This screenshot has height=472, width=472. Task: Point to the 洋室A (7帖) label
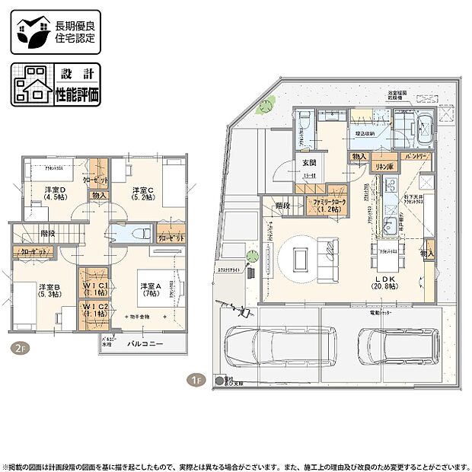pyautogui.click(x=150, y=291)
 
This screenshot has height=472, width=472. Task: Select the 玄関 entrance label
pyautogui.click(x=308, y=164)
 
